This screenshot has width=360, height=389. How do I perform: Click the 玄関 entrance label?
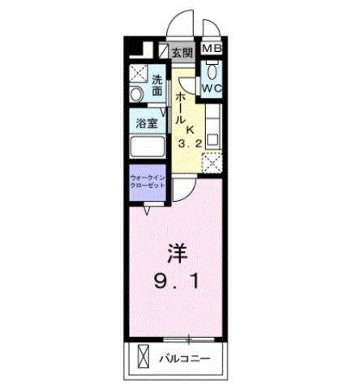(182, 53)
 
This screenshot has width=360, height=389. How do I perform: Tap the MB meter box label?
(211, 48)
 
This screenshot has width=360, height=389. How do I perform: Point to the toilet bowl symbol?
(212, 68)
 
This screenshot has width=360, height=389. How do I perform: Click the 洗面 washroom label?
(159, 86)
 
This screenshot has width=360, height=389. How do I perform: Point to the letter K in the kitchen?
(192, 127)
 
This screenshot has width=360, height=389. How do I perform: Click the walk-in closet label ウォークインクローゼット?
(148, 179)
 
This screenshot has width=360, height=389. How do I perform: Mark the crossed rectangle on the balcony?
(144, 357)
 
